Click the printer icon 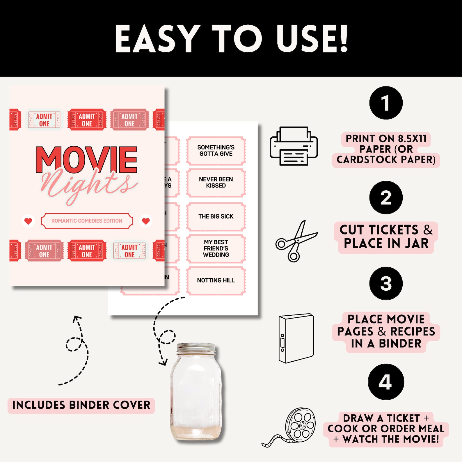(x=294, y=146)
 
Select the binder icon (x=296, y=338)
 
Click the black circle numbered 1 (x=386, y=103)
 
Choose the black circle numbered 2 (x=386, y=198)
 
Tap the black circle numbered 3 (x=386, y=283)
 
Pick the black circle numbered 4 (x=386, y=382)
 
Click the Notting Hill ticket (x=216, y=280)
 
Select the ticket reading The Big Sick (x=216, y=216)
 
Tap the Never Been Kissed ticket (x=216, y=182)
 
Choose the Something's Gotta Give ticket (x=216, y=150)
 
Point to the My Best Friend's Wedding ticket (x=216, y=248)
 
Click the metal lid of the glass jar (x=196, y=348)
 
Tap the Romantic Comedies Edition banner (x=87, y=221)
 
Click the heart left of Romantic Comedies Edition (x=28, y=221)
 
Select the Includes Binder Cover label (x=81, y=405)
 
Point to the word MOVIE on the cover (x=86, y=160)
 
